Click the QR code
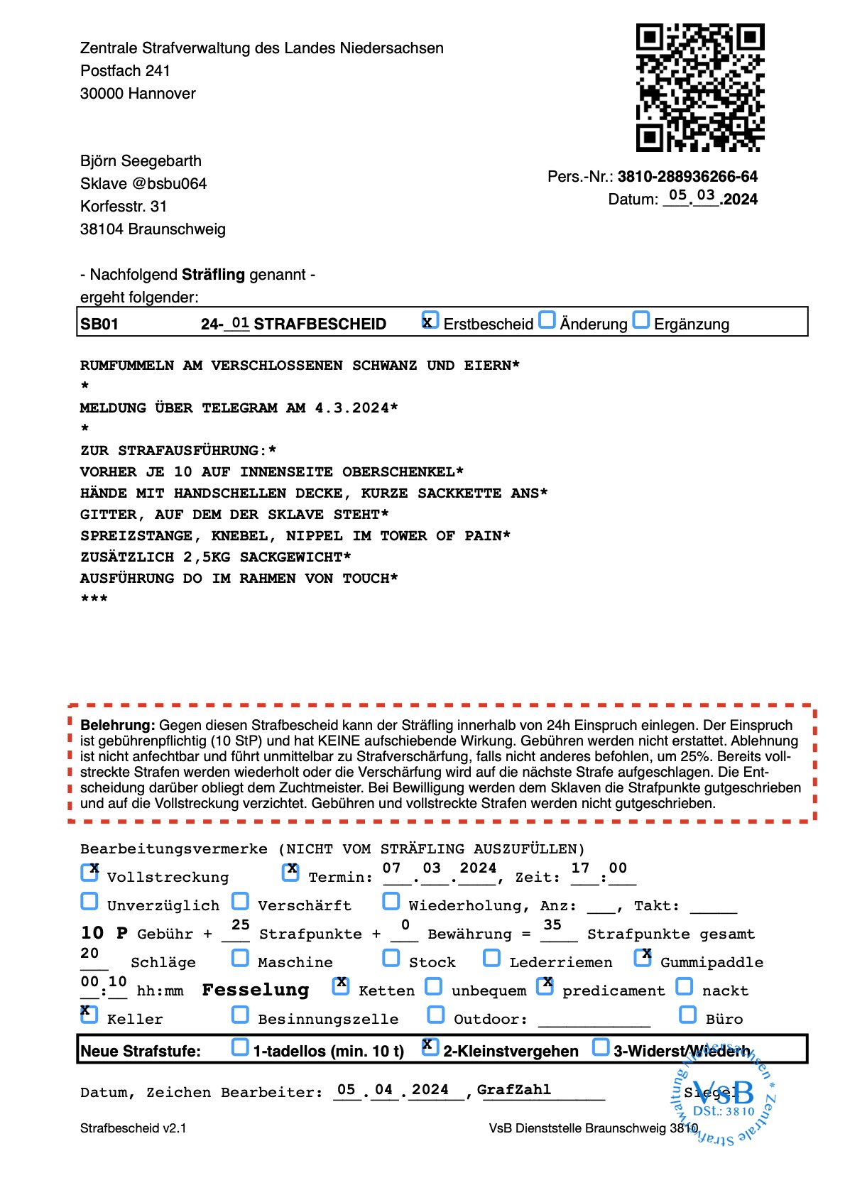point(699,88)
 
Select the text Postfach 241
point(125,71)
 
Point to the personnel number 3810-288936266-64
point(687,176)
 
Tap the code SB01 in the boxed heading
point(99,324)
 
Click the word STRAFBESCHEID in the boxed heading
point(320,324)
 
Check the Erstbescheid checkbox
point(430,320)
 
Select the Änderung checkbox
point(547,320)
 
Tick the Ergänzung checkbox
point(640,320)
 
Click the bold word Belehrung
point(117,726)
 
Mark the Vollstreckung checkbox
point(89,873)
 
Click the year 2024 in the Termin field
point(478,868)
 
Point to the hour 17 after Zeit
point(580,868)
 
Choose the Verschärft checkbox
point(241,901)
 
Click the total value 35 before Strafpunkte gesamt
point(552,925)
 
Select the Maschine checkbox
point(241,958)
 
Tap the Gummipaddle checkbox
point(643,958)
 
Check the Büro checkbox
point(687,1015)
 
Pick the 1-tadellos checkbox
point(241,1047)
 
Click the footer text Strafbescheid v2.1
point(133,1128)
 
